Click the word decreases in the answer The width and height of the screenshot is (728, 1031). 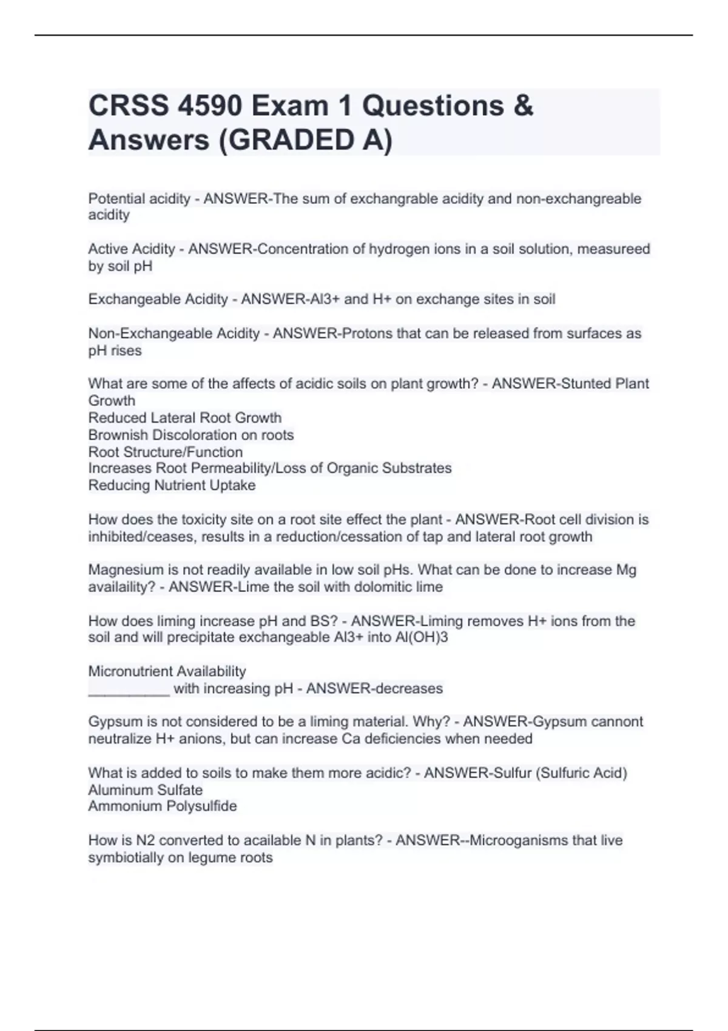(x=409, y=689)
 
